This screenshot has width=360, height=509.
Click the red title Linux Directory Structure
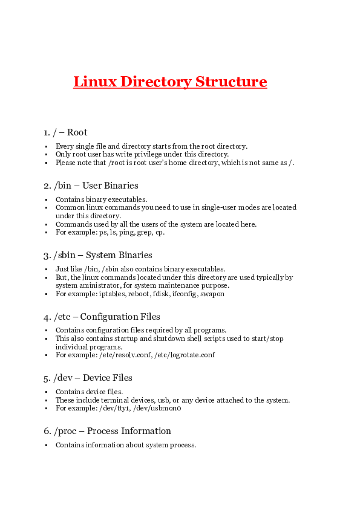tap(170, 82)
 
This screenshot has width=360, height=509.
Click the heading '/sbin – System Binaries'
tap(97, 255)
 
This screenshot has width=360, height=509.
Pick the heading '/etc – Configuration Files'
tap(106, 317)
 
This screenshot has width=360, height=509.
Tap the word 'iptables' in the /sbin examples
tap(111, 294)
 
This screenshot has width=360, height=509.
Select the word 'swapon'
tap(212, 294)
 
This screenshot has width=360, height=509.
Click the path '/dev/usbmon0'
tap(161, 408)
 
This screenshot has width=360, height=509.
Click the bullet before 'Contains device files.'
tap(47, 392)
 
